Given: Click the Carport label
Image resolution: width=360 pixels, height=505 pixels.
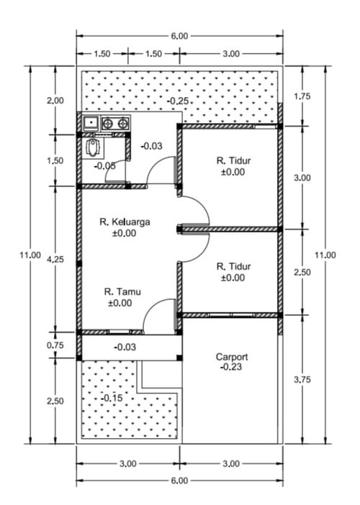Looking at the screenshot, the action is click(x=232, y=357).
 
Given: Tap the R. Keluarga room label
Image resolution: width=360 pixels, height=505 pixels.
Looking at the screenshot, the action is click(x=125, y=222).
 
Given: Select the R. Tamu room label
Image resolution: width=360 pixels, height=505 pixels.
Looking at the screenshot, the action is click(x=122, y=292).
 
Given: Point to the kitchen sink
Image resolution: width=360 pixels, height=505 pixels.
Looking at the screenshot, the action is click(x=91, y=123).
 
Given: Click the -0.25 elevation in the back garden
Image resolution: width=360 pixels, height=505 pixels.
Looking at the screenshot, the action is click(x=178, y=101).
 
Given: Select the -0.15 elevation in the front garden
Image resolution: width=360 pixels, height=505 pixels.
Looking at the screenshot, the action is click(x=112, y=398).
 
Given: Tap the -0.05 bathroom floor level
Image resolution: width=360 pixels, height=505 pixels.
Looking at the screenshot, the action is click(x=104, y=166).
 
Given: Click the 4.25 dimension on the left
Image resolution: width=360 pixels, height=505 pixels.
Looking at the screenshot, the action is click(x=55, y=259).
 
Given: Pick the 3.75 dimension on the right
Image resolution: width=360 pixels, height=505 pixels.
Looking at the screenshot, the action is click(x=302, y=380).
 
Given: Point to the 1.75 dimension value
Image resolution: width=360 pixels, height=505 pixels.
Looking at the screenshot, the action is click(x=302, y=96).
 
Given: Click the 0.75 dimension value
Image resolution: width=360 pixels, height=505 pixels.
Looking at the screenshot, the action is click(x=55, y=345).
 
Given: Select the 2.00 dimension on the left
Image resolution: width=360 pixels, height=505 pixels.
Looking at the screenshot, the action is click(x=55, y=101).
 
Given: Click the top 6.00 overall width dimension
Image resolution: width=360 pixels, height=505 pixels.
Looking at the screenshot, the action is click(x=179, y=36).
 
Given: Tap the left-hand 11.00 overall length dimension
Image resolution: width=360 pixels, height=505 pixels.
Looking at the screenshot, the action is click(x=30, y=255).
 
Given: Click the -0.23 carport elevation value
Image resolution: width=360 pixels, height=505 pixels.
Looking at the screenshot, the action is click(x=232, y=367).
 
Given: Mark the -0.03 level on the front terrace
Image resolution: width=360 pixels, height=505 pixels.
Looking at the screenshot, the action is click(x=125, y=347).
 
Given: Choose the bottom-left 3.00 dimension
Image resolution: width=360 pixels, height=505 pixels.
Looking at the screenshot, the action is click(x=128, y=464).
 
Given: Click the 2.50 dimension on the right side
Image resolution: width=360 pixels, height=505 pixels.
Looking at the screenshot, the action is click(x=302, y=273).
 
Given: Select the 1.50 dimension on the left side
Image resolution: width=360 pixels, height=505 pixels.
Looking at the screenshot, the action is click(x=55, y=160).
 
